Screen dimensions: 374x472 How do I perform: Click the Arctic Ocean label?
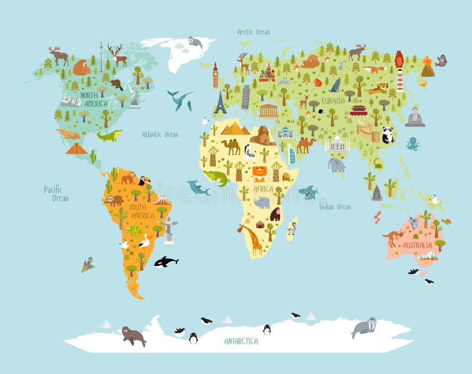click(x=254, y=32)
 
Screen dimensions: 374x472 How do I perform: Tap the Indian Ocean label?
click(x=335, y=207)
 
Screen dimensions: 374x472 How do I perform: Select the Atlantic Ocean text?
click(x=159, y=135)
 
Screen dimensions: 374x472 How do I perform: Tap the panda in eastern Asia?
click(x=388, y=136)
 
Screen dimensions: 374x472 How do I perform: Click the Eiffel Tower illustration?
click(x=220, y=103)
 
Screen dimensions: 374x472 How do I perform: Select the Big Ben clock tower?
click(x=215, y=75)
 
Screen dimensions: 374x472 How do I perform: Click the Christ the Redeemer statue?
click(x=169, y=229)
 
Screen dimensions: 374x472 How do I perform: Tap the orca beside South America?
click(x=166, y=261)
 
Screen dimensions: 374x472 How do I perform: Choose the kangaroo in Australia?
click(x=392, y=238)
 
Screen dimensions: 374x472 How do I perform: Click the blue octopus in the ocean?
click(x=412, y=143)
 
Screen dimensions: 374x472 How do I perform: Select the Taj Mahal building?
click(x=337, y=144)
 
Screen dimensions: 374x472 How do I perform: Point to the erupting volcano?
click(x=427, y=67)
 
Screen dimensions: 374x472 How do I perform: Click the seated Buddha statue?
click(x=415, y=117)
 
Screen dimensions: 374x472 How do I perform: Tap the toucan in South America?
click(x=144, y=180)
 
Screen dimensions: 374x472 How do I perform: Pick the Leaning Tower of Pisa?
click(x=245, y=97)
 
